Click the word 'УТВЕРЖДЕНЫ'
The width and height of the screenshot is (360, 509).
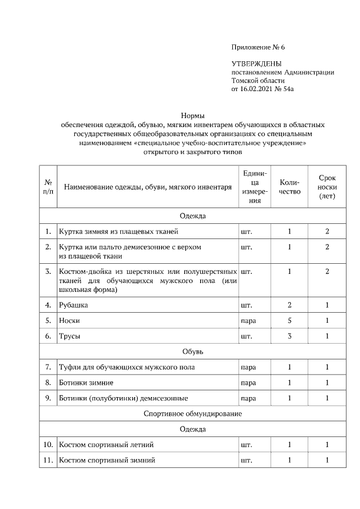click(256, 64)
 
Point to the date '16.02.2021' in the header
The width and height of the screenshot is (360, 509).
click(257, 89)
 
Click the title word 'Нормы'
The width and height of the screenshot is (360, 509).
click(192, 115)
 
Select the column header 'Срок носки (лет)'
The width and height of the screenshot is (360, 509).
click(327, 187)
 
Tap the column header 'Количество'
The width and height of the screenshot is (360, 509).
click(290, 187)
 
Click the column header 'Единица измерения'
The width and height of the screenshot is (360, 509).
click(255, 187)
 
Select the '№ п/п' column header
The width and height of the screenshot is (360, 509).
click(48, 187)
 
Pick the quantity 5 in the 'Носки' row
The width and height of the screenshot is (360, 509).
click(290, 321)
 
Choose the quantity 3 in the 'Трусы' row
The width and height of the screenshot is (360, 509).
click(290, 336)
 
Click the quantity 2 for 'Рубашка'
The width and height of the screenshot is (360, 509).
click(290, 305)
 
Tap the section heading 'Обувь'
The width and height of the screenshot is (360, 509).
click(192, 352)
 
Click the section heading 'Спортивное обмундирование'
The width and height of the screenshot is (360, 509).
click(192, 414)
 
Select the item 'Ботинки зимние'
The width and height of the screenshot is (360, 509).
click(87, 382)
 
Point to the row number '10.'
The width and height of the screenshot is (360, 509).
click(48, 445)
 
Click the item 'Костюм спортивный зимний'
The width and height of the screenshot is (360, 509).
click(107, 460)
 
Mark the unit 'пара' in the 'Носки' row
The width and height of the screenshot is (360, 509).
click(248, 321)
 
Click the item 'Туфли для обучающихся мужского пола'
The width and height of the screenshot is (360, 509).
click(127, 367)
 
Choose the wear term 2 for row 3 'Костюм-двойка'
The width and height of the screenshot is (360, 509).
click(327, 272)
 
